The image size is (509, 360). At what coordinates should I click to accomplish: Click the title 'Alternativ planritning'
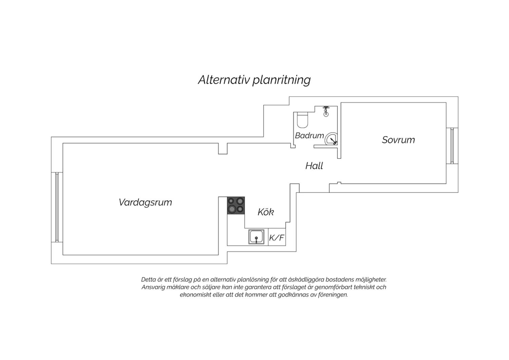coord(254,80)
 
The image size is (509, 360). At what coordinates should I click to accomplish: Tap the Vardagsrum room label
coord(145,202)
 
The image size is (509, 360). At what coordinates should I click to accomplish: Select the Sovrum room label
coord(398,140)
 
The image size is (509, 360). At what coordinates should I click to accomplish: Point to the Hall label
coord(314,166)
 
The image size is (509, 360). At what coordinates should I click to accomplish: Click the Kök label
coord(266,212)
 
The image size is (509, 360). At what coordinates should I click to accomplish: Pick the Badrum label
coord(309,136)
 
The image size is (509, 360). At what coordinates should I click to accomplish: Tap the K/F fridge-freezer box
coord(277,237)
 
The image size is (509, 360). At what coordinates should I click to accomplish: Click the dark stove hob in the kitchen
coord(236,205)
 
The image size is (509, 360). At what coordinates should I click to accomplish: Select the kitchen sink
coord(256,237)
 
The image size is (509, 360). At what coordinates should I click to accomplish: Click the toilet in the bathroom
coord(302,120)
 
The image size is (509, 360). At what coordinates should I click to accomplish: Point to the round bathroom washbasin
coord(331,139)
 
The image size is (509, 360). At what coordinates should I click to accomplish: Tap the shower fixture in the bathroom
coord(326,111)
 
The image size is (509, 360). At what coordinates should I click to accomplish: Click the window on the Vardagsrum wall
coord(57,207)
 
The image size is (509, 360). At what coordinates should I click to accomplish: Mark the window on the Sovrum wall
coord(452,146)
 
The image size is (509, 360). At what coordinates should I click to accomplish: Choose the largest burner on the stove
coord(232,209)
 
